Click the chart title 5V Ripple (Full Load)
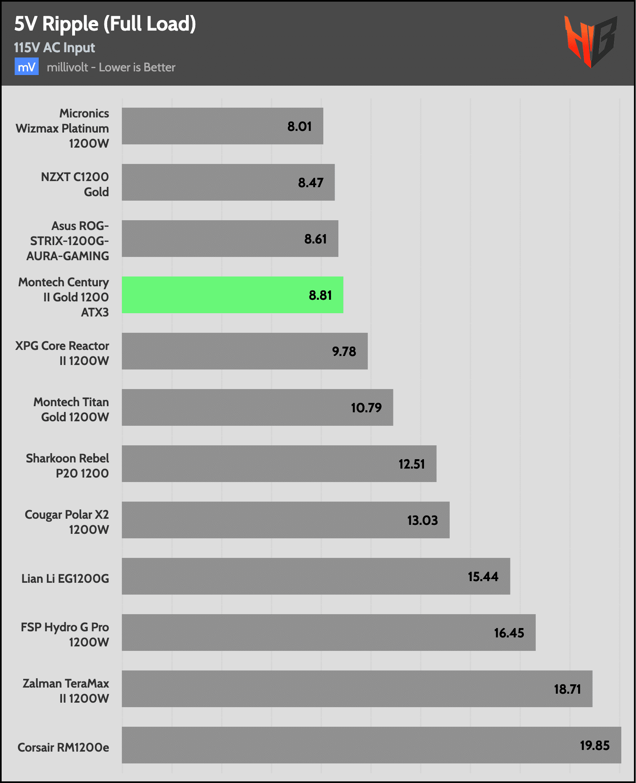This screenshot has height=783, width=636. (x=105, y=24)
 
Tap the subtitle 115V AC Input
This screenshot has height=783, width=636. (x=54, y=48)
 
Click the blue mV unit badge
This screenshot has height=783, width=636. (x=26, y=67)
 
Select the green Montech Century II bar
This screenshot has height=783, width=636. (x=232, y=295)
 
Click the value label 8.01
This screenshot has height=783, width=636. (x=299, y=126)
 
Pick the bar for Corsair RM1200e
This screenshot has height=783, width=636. (x=371, y=745)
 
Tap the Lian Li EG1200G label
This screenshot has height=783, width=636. (x=65, y=578)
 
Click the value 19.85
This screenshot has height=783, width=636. (x=594, y=745)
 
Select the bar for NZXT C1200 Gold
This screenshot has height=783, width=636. (x=228, y=182)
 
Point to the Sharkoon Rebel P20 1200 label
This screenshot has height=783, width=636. (x=68, y=466)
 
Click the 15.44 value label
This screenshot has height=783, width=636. (x=483, y=577)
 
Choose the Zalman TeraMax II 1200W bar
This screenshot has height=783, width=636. (x=357, y=689)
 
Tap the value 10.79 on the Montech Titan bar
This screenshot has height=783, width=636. (x=366, y=408)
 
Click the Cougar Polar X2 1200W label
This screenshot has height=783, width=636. (x=67, y=522)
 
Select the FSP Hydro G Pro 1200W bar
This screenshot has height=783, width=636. (x=328, y=633)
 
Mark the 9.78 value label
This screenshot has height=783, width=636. (x=344, y=352)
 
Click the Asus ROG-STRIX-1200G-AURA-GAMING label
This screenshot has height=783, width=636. (x=68, y=241)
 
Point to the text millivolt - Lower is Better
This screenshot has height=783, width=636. (x=111, y=67)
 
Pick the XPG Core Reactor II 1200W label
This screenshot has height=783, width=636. (x=62, y=353)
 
